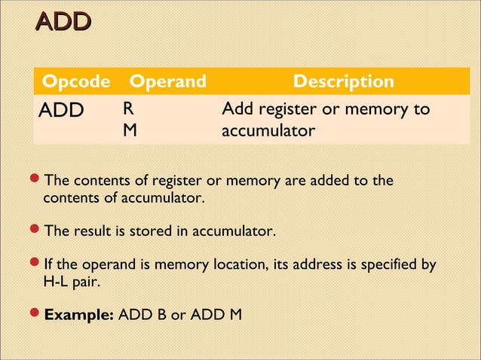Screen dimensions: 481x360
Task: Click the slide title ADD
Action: [64, 23]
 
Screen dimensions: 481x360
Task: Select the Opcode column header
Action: [76, 81]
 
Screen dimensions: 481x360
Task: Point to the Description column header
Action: [343, 81]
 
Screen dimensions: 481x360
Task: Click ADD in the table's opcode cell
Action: [62, 111]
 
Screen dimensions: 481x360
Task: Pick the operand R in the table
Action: [130, 110]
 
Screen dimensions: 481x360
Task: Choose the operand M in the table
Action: [130, 131]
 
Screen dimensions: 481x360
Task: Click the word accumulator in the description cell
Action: [268, 131]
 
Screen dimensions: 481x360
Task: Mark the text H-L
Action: [57, 282]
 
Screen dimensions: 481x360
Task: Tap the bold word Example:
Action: [79, 314]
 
